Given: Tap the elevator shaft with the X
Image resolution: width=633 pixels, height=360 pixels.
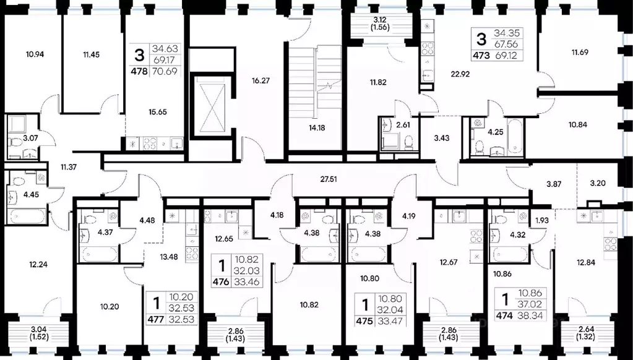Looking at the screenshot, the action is point(212,105).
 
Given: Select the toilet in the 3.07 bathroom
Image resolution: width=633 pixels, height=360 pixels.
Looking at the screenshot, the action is point(15,142).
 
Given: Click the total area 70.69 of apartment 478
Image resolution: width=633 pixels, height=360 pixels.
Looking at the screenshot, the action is point(165,72).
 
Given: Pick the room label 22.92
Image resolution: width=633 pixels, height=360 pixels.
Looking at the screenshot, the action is point(460,74).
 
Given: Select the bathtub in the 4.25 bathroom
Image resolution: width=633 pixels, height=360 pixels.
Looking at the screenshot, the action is point(515,137).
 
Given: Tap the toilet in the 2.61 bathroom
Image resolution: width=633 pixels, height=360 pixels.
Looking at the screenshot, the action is point(409,142).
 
